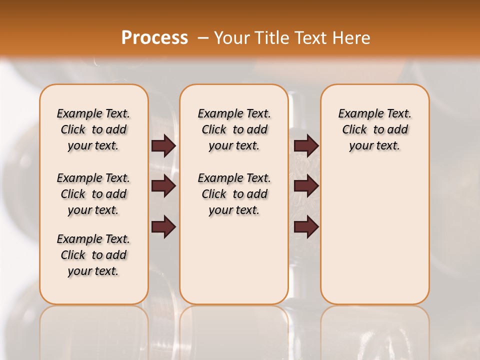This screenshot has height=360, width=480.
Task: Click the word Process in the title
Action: pos(154,38)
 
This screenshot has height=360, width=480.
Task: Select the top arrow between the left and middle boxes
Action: pos(163,146)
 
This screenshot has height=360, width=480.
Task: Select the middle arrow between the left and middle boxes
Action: pos(163,186)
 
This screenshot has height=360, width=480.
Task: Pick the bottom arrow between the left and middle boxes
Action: pos(163,227)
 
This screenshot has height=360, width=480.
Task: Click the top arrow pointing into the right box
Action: pos(306,146)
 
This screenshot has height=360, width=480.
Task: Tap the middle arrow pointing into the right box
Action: pos(306,186)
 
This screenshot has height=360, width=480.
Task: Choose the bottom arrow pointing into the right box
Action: pos(306,227)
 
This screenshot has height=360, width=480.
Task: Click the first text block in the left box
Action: pos(93,129)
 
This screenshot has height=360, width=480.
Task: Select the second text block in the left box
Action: pos(93,194)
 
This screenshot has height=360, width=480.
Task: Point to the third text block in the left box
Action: pos(93,255)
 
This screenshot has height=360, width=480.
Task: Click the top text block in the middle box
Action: pos(234,129)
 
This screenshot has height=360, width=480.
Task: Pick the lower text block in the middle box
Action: pos(234,194)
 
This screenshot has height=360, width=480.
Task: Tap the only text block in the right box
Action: pos(374,129)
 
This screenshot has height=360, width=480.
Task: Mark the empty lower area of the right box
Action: pos(374,235)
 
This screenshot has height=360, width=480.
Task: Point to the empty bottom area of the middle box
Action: pos(234,265)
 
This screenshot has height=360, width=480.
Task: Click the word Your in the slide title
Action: pos(228,38)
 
